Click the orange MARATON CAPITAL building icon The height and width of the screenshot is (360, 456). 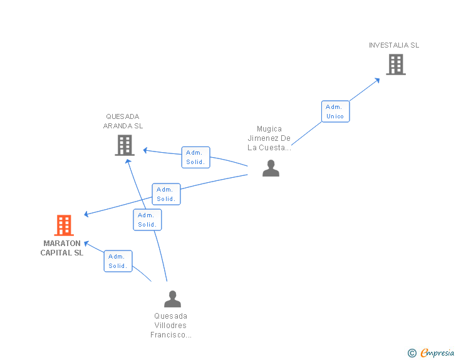pos(64,225)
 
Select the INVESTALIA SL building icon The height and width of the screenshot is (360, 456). pos(396,64)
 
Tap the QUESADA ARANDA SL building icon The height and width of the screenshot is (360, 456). pos(125,145)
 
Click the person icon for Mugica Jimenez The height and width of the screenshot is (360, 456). pos(271,168)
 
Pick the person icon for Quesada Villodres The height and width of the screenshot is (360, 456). pos(172,299)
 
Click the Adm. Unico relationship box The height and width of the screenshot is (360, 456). pos(335,111)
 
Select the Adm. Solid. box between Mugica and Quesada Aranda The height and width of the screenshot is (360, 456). pos(195,157)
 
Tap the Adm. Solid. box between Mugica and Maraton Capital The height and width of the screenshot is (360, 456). pos(166,194)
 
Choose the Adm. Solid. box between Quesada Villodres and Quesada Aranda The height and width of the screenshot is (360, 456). pos(147,220)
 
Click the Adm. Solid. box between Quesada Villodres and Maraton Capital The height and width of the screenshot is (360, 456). pos(118,261)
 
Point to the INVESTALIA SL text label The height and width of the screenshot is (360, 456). pos(394,45)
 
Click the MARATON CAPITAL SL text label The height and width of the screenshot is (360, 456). pos(62,248)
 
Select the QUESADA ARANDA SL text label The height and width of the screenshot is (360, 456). pos(123,121)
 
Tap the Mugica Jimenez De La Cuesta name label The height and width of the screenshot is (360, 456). pos(269,138)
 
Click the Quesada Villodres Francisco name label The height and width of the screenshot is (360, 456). pos(171,326)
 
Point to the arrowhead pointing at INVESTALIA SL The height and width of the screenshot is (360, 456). pos(377,81)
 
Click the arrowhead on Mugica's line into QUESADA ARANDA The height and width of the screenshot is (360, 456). pos(145,150)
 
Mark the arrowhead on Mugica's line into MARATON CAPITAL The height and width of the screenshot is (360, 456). pos(86,214)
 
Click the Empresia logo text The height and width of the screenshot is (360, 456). pos(437,352)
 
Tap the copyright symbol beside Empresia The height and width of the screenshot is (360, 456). pos(412,353)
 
